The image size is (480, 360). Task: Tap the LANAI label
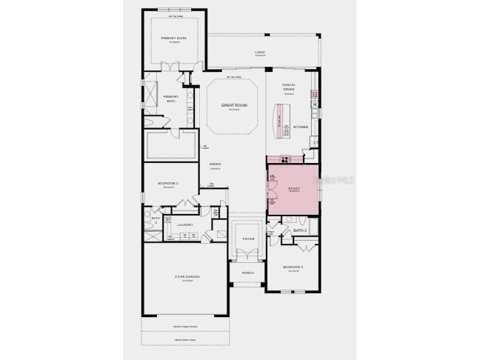pyautogui.click(x=259, y=53)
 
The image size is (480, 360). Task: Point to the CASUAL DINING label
pyautogui.click(x=289, y=87)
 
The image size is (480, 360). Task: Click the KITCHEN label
pyautogui.click(x=301, y=127)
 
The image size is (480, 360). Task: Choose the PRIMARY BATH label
pyautogui.click(x=171, y=98)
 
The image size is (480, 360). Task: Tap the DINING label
pyautogui.click(x=215, y=164)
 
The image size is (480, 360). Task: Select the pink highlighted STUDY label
pyautogui.click(x=293, y=189)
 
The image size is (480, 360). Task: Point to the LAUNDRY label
pyautogui.click(x=184, y=224)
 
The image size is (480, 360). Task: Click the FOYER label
pyautogui.click(x=248, y=239)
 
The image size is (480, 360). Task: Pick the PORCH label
pyautogui.click(x=248, y=273)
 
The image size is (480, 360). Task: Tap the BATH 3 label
pyautogui.click(x=299, y=230)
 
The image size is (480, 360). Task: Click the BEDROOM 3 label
pyautogui.click(x=293, y=267)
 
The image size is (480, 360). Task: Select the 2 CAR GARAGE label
pyautogui.click(x=187, y=277)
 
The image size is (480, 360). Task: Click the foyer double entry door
pyautogui.click(x=248, y=254)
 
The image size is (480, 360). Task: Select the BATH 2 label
pyautogui.click(x=156, y=219)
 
